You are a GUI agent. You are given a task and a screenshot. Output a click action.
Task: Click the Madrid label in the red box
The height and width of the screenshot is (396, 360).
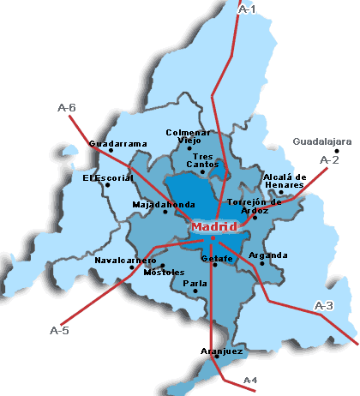(213, 227)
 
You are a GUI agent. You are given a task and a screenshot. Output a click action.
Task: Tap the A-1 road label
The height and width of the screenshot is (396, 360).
(246, 9)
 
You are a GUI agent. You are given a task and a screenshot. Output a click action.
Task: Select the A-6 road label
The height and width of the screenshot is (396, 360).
(66, 108)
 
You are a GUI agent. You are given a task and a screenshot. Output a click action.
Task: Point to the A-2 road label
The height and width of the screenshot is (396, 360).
(329, 159)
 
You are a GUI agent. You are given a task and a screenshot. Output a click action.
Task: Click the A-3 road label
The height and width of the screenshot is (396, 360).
(324, 305)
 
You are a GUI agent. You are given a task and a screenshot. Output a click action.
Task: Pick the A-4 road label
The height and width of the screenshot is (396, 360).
(250, 380)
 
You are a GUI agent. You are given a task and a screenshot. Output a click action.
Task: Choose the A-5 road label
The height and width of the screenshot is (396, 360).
(59, 330)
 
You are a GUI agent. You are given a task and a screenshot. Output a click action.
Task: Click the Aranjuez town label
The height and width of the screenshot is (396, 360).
(222, 351)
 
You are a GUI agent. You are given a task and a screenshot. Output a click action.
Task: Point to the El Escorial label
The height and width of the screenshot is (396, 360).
(108, 178)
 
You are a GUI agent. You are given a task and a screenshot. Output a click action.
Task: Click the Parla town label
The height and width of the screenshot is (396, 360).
(195, 283)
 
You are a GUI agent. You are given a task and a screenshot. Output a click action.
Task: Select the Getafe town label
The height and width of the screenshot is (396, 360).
(216, 258)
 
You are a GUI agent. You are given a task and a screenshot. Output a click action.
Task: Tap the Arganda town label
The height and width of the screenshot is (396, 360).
(268, 255)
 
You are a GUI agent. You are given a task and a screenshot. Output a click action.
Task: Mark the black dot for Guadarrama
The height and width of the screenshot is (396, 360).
(111, 151)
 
